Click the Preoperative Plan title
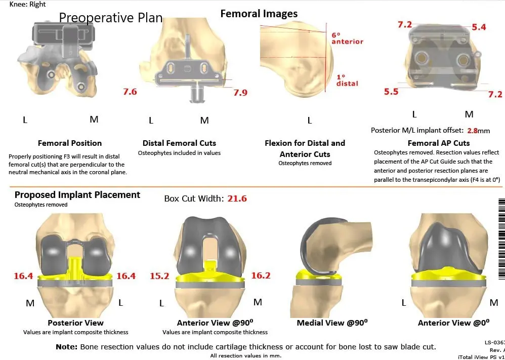tap(111, 18)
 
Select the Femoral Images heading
tap(259, 14)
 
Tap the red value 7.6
tap(130, 92)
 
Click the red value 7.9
tap(240, 93)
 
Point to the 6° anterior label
tap(347, 38)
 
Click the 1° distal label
tap(347, 80)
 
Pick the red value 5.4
tap(479, 27)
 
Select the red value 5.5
tap(391, 92)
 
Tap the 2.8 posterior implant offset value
tap(472, 130)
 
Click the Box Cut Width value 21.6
tap(237, 198)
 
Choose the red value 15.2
tap(159, 276)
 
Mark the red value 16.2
tap(261, 276)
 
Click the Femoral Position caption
tap(70, 143)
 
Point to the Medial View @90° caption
tap(332, 323)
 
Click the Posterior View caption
tap(75, 323)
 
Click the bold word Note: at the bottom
tap(66, 347)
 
